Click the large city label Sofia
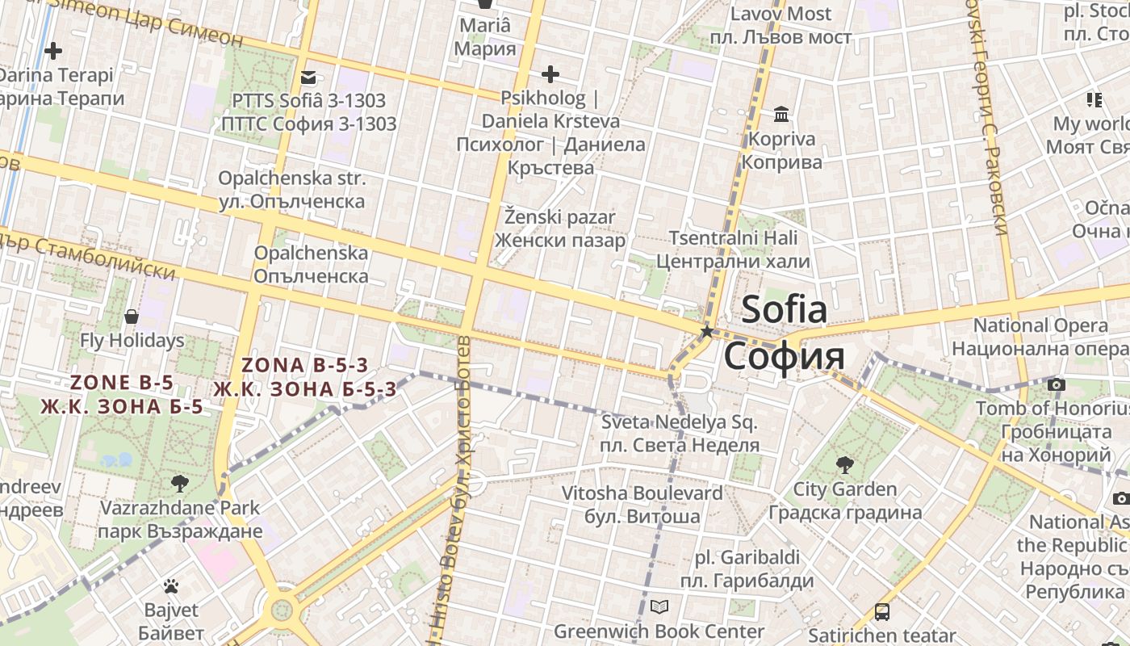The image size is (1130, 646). tap(784, 310)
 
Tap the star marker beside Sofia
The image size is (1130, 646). tap(707, 331)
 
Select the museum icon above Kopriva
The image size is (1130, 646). tap(781, 115)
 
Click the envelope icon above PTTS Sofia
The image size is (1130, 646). tap(308, 78)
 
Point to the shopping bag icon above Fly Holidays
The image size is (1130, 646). tap(132, 317)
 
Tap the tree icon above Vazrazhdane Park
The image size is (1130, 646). tap(179, 484)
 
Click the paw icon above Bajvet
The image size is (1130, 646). tap(170, 586)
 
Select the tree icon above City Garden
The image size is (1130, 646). tap(844, 465)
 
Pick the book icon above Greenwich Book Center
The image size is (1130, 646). tap(659, 607)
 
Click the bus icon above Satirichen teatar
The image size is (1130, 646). tap(882, 612)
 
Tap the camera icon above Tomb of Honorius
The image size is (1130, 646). tap(1056, 384)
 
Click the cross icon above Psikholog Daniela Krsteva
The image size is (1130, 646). tap(550, 75)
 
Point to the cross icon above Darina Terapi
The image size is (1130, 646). tap(53, 52)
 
